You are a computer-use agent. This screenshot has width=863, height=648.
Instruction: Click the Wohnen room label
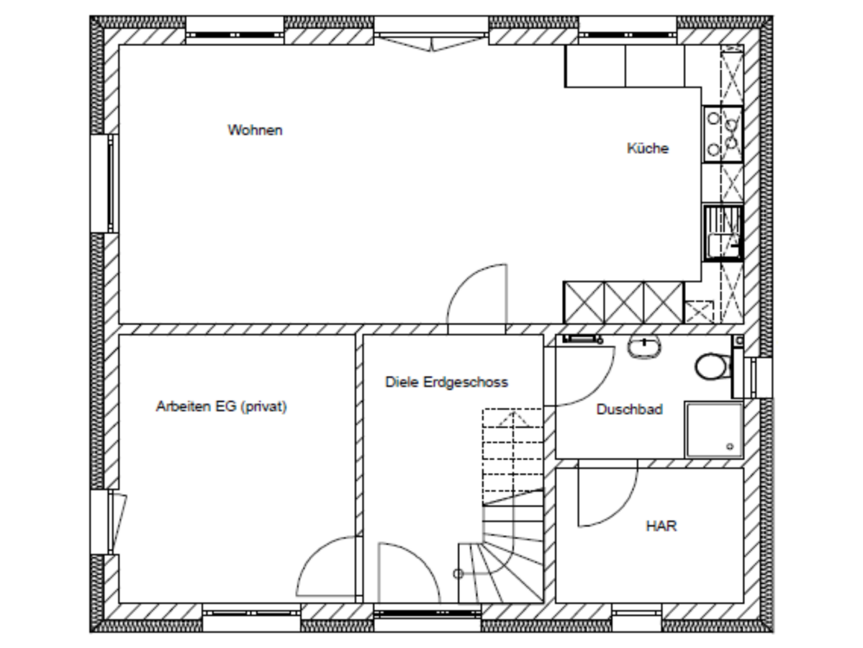click(255, 130)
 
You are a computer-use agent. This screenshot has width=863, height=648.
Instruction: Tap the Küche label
click(648, 148)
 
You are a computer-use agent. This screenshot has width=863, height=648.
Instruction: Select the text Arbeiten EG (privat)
click(221, 406)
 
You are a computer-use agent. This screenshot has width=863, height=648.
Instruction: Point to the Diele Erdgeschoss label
click(446, 382)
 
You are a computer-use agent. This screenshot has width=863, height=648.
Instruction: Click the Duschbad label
click(630, 410)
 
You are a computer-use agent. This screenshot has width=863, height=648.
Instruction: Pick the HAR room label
click(661, 526)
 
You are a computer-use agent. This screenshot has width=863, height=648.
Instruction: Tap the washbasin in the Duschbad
click(644, 347)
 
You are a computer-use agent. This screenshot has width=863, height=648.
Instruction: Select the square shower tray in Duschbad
click(714, 429)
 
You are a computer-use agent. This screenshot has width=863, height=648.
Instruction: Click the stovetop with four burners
click(723, 134)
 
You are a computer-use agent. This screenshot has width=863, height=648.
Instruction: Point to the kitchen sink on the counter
click(723, 233)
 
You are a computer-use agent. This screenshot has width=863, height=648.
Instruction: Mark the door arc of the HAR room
click(621, 511)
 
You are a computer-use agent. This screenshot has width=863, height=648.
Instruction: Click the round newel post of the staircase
click(458, 575)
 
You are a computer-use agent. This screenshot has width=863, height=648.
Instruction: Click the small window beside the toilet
click(759, 378)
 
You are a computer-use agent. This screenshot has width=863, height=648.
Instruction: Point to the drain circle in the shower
click(731, 446)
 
